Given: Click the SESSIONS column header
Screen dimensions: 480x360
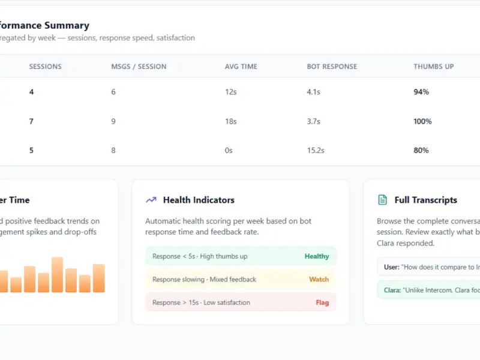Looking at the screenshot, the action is pos(46,67).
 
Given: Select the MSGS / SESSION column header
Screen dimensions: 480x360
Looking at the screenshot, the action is pos(139,67).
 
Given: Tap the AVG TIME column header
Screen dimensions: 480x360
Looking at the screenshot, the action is pos(241,67).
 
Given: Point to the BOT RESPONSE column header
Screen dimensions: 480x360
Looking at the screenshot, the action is pos(332,67).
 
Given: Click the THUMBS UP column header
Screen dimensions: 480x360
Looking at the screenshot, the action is pos(433,67).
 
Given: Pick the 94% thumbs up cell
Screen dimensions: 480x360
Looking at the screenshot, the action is pos(421,92).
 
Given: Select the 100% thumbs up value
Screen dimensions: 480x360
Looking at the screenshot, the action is pos(422,121).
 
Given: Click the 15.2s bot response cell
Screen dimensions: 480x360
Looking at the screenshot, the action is pos(316,151).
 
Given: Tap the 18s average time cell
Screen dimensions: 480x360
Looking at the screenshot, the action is pos(231,121).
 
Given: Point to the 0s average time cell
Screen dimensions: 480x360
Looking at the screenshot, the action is pos(229,151).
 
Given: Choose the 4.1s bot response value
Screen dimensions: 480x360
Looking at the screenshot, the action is pos(313,92).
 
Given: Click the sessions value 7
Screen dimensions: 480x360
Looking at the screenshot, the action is pos(31,121).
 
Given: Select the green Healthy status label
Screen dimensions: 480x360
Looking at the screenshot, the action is pos(317,256).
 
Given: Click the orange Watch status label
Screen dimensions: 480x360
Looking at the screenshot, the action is pos(319,279).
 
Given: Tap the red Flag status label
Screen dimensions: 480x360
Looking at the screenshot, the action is pos(322,302).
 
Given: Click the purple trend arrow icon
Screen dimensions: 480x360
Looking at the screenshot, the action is pos(151,200).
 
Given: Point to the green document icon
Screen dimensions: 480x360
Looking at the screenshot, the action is pos(382,200).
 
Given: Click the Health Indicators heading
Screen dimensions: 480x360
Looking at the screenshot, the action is pos(199,200).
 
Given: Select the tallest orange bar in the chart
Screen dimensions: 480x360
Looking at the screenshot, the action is pos(57,275).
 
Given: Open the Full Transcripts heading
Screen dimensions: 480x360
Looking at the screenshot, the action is pos(426,200).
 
